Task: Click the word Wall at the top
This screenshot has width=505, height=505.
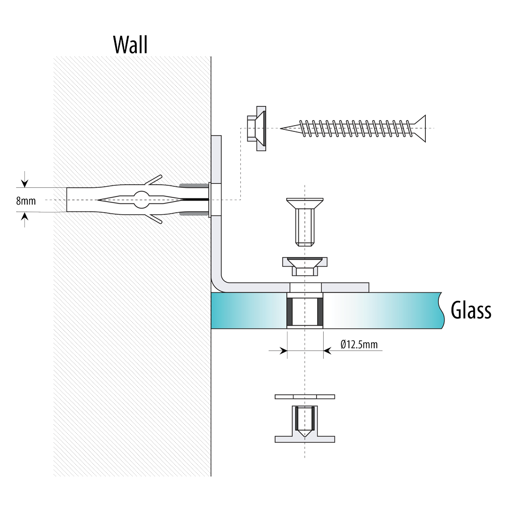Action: tap(130, 45)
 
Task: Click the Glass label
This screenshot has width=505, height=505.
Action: tap(471, 310)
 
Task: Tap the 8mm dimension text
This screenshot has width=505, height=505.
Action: tap(26, 201)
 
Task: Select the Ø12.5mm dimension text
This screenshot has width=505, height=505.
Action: tap(359, 344)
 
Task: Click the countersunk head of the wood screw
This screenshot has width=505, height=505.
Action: tap(419, 128)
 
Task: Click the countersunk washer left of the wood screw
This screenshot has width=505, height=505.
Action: tap(257, 128)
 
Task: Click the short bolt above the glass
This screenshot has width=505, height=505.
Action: tap(305, 222)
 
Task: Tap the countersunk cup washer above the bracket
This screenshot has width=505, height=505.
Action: tap(305, 266)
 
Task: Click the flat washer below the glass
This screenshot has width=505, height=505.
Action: tap(305, 397)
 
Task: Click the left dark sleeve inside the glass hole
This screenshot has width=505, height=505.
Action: tap(289, 312)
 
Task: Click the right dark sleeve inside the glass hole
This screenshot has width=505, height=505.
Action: tap(320, 312)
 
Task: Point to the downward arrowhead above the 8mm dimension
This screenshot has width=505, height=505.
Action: tap(25, 183)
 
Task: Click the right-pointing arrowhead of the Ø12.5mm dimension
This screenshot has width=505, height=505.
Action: tap(283, 350)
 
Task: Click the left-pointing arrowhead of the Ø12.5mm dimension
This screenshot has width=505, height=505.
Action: tap(328, 350)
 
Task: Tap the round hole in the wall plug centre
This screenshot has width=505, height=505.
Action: tap(142, 199)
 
